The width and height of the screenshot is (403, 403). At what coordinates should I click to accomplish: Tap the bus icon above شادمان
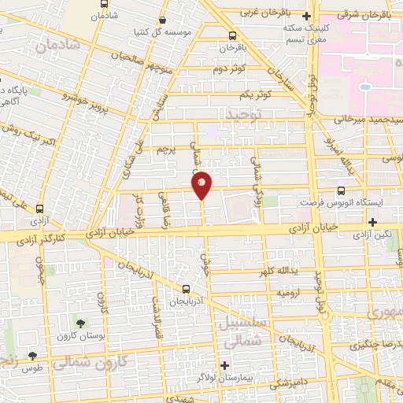[105, 4]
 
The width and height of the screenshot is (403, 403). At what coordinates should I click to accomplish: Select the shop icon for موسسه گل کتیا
[162, 20]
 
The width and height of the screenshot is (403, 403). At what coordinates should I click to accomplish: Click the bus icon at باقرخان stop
[231, 35]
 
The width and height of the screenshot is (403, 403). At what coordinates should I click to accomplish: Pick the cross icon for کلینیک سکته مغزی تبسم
[307, 15]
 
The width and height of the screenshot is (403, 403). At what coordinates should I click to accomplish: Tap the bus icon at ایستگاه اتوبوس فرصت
[341, 190]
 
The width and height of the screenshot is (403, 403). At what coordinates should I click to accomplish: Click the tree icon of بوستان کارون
[81, 323]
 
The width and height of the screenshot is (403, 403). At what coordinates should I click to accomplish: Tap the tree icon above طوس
[32, 356]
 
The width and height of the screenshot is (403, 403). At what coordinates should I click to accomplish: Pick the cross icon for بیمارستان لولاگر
[225, 365]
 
